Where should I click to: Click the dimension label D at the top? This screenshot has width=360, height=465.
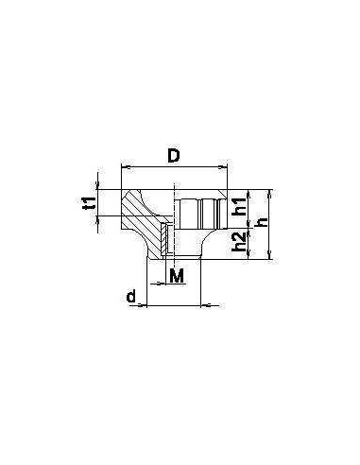pyautogui.click(x=174, y=156)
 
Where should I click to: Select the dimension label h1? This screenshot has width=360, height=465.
pyautogui.click(x=240, y=207)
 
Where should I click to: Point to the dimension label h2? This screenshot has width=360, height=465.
pyautogui.click(x=239, y=242)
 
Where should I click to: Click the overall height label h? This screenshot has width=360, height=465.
pyautogui.click(x=261, y=222)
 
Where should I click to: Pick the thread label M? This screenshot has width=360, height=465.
pyautogui.click(x=177, y=276)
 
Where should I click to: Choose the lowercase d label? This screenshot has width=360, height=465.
pyautogui.click(x=131, y=297)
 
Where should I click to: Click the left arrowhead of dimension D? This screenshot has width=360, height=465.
pyautogui.click(x=126, y=167)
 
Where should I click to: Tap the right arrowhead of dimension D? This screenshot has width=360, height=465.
pyautogui.click(x=223, y=167)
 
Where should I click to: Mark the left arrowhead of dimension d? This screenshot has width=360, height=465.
pyautogui.click(x=143, y=305)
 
